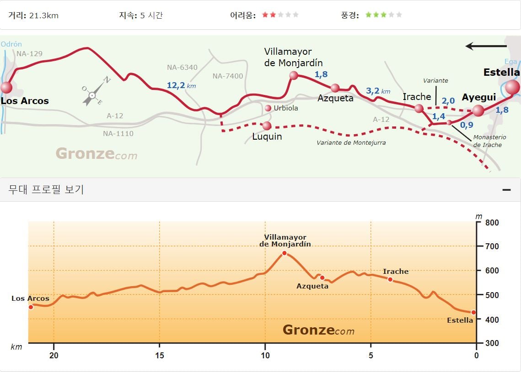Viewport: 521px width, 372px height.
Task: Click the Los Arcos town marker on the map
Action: [6, 88]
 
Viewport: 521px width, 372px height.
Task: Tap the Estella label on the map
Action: [501, 72]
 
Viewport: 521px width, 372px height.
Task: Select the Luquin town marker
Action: [267, 126]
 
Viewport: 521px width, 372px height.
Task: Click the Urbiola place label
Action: [286, 108]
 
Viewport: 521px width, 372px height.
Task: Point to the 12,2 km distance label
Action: [181, 85]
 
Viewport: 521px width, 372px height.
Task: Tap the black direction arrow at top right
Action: [486, 46]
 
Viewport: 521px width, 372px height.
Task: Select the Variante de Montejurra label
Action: [351, 142]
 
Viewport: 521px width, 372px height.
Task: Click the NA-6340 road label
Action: [182, 67]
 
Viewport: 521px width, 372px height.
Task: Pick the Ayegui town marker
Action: [478, 110]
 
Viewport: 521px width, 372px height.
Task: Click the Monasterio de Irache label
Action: [489, 141]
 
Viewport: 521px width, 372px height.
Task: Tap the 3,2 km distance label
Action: [378, 91]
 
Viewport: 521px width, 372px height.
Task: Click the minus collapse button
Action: [506, 189]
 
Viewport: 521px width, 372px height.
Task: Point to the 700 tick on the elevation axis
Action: [492, 246]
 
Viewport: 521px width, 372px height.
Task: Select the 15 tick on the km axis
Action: [160, 355]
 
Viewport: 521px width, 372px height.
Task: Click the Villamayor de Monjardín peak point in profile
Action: [285, 253]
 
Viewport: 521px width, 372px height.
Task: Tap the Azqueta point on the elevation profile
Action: [322, 278]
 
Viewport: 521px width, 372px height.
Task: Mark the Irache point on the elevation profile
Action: [391, 280]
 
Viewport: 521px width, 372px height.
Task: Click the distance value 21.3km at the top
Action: [44, 16]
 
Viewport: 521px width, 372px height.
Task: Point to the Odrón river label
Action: [11, 44]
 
